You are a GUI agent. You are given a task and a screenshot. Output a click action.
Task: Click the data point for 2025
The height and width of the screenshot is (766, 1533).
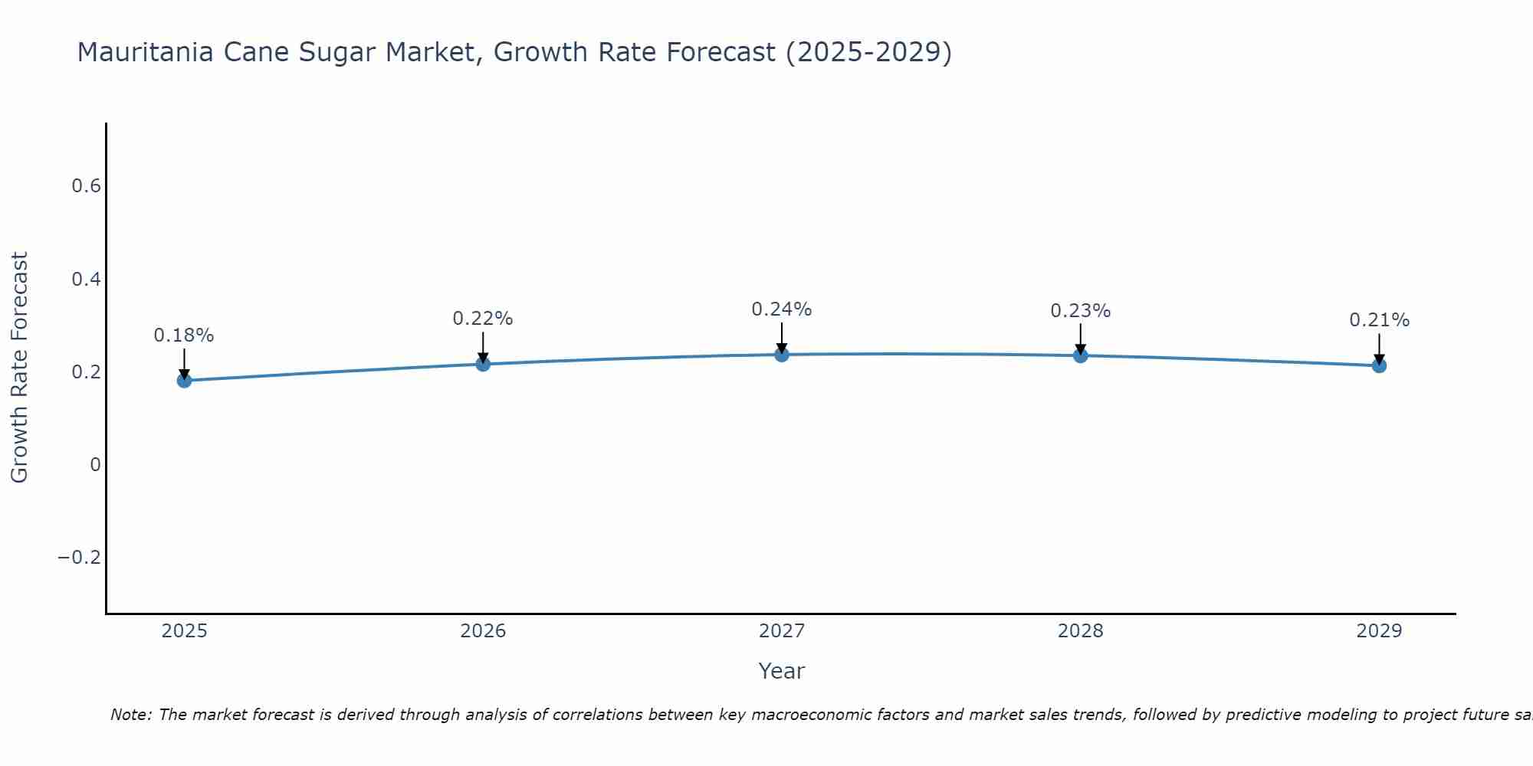[184, 380]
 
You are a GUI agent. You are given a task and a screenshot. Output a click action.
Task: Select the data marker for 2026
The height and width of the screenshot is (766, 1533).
[483, 364]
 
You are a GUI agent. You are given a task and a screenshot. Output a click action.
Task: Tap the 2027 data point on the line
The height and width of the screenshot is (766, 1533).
[782, 354]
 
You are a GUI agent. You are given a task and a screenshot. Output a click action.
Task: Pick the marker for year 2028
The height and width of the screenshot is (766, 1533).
[1081, 355]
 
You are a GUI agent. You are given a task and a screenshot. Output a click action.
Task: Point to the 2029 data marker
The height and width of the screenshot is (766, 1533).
[1379, 365]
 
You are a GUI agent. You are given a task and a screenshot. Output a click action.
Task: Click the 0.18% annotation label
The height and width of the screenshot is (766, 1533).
[184, 336]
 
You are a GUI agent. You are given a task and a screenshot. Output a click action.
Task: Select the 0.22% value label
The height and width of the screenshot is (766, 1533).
[483, 319]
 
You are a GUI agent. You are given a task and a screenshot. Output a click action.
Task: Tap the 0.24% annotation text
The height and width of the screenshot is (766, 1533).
[782, 309]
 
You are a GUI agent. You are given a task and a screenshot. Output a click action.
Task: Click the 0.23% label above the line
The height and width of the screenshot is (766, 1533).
[1081, 311]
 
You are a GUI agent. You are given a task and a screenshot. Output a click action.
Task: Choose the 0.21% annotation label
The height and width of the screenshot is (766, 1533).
[1379, 320]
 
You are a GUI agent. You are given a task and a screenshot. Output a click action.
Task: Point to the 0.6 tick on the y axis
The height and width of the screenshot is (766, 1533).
[86, 186]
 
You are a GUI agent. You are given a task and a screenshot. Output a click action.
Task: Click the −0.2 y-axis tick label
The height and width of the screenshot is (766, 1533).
[79, 557]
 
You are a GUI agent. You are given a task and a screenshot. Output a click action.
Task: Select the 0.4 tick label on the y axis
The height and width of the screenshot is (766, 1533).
[86, 279]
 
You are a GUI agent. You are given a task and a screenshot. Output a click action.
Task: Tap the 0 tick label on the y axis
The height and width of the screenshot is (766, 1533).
[95, 464]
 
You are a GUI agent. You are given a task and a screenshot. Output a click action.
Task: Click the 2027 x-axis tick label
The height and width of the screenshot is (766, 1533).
[782, 631]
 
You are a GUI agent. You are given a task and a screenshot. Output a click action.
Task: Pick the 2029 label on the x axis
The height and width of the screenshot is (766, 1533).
[1379, 631]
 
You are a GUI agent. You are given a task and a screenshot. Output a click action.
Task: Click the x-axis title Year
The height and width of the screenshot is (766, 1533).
[781, 671]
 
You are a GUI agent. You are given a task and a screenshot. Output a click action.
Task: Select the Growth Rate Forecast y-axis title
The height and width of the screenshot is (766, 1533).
[19, 367]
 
